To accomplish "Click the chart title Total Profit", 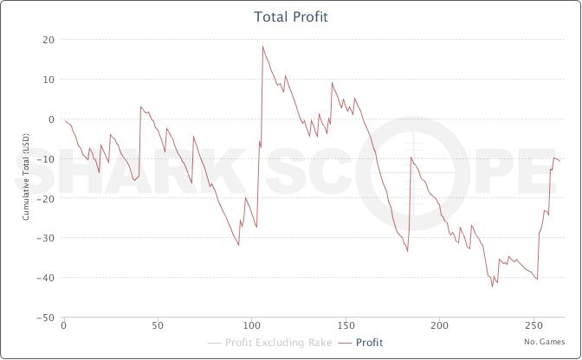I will [291, 16].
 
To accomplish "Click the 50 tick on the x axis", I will [157, 328].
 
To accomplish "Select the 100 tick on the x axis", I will [251, 328].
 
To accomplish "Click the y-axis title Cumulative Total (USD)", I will [26, 179].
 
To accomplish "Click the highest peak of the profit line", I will [262, 46].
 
